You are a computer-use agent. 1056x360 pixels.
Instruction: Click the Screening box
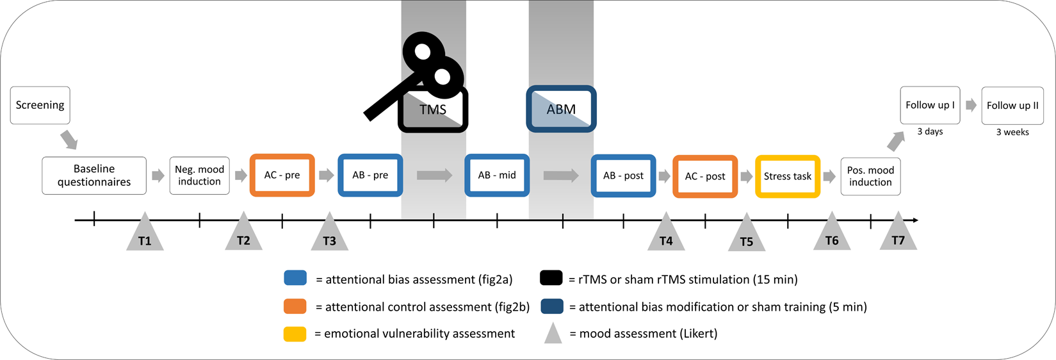click(40, 105)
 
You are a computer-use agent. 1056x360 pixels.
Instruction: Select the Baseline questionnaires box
click(94, 176)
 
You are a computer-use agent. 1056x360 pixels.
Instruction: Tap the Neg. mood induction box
click(199, 176)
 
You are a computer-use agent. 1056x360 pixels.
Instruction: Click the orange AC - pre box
click(282, 175)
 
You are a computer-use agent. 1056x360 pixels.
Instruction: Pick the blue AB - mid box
click(497, 175)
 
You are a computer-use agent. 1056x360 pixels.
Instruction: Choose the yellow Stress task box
click(787, 176)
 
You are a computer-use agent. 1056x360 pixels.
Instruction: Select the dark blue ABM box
click(561, 110)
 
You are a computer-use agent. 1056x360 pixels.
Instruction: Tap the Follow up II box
click(1012, 106)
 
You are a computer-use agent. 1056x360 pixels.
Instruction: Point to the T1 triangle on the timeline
click(145, 234)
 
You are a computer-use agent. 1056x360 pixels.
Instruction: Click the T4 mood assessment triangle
click(666, 234)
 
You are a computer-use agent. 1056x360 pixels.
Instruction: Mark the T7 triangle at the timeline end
click(898, 234)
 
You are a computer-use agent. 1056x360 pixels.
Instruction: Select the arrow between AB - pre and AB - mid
click(434, 175)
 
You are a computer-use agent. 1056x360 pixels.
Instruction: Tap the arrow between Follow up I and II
click(971, 105)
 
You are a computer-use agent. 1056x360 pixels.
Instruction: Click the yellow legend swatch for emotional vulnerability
click(295, 334)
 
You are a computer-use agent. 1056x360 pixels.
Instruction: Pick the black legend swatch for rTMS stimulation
click(551, 278)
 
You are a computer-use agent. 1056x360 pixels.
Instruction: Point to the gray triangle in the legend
click(553, 334)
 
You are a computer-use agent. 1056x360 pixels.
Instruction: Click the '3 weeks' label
click(1012, 132)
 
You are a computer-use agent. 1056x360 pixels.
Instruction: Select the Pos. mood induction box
click(870, 176)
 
